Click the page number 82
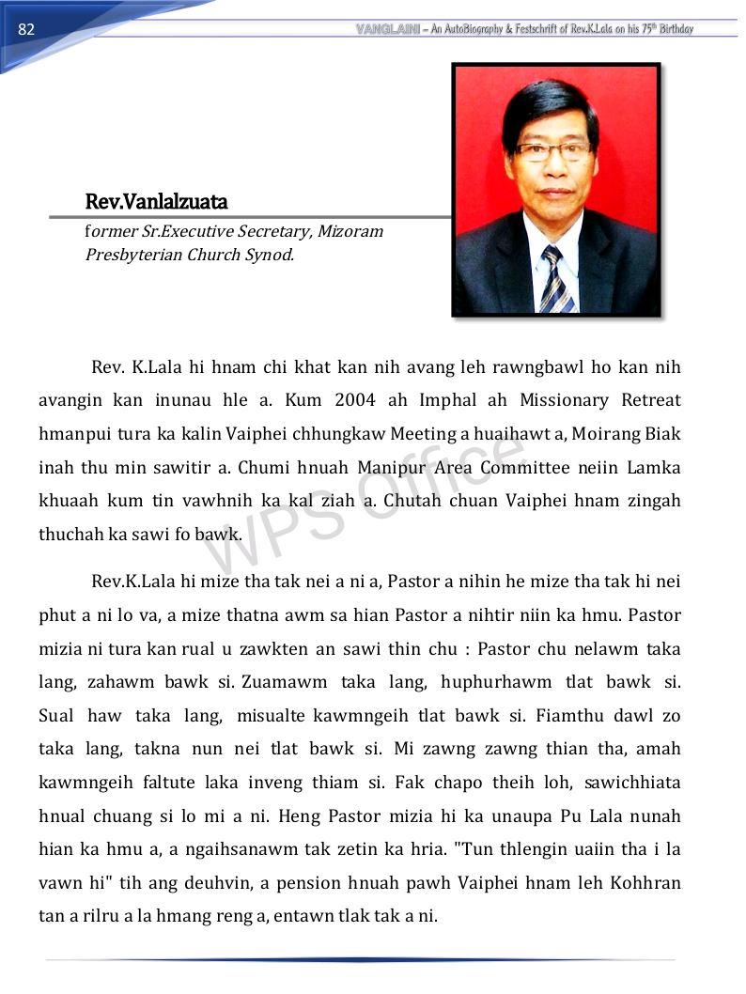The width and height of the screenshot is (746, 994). [x=26, y=29]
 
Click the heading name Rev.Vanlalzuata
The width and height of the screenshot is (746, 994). [x=156, y=202]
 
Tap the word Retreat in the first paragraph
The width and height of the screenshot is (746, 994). [x=651, y=400]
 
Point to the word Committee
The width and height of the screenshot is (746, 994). [x=525, y=468]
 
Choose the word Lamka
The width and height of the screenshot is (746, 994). [x=655, y=468]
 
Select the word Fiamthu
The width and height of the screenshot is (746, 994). [x=569, y=716]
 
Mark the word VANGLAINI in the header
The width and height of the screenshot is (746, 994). [x=389, y=29]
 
